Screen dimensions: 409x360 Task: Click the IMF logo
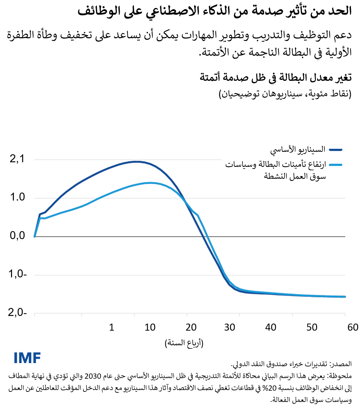[x=27, y=358]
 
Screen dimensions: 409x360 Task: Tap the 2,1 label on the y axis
[x=17, y=159]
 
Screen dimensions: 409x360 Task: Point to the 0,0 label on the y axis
[x=17, y=235]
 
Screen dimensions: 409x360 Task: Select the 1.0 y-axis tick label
[x=17, y=197]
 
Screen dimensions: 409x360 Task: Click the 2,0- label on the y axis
[x=17, y=312]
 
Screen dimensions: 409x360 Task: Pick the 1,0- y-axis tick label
[x=17, y=274]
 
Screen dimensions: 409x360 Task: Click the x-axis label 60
[x=353, y=327]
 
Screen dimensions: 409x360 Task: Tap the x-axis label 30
[x=229, y=327]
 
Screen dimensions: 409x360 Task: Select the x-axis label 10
[x=150, y=327]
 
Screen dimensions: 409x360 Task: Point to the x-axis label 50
[x=312, y=327]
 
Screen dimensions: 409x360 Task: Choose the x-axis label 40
[x=271, y=327]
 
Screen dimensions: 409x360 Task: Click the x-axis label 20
[x=191, y=327]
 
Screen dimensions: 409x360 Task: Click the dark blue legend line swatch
[x=335, y=150]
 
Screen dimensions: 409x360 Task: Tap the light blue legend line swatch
[x=335, y=165]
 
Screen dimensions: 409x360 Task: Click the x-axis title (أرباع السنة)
[x=184, y=343]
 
